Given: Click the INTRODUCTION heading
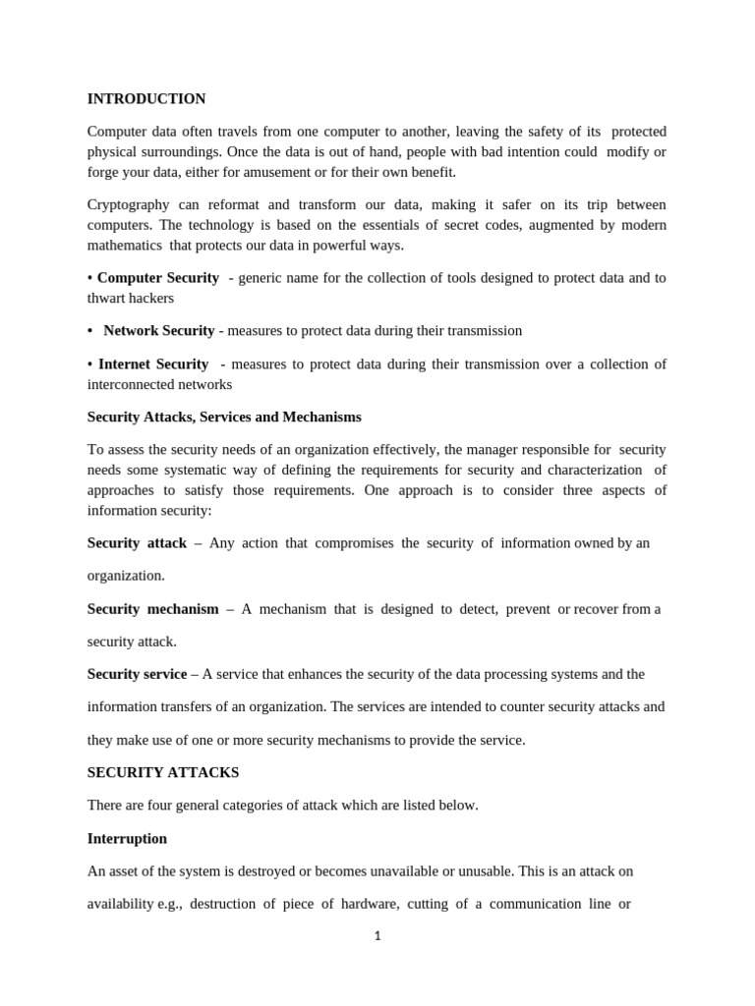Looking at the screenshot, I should pyautogui.click(x=146, y=99).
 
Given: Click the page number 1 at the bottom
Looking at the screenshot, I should pyautogui.click(x=377, y=936).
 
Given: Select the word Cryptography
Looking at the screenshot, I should pyautogui.click(x=128, y=204).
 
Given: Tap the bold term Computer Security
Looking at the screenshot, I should pyautogui.click(x=158, y=278).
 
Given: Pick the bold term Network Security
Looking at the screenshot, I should pyautogui.click(x=158, y=331).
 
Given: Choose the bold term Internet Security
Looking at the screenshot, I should pyautogui.click(x=153, y=363).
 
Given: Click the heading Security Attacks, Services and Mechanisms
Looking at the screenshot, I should pyautogui.click(x=224, y=417).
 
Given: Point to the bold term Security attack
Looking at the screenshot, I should pyautogui.click(x=137, y=543).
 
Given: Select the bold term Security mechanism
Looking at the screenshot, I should pyautogui.click(x=152, y=609).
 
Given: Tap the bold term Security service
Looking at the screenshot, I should pyautogui.click(x=137, y=674).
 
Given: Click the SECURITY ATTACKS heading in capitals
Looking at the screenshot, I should pyautogui.click(x=163, y=773).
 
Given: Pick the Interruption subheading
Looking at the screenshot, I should pyautogui.click(x=127, y=839).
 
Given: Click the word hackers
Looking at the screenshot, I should pyautogui.click(x=150, y=299).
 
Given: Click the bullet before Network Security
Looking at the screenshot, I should pyautogui.click(x=90, y=331).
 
